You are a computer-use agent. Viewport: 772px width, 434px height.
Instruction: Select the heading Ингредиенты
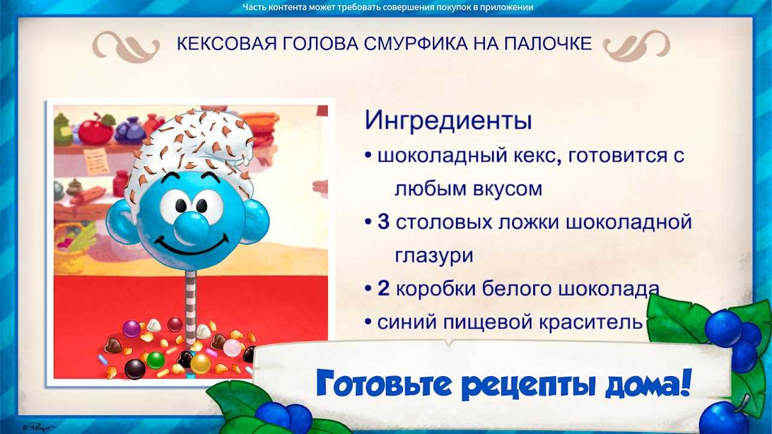(448, 121)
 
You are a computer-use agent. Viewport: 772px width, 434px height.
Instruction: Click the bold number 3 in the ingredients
(384, 221)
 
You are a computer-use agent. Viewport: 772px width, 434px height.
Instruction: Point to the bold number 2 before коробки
(384, 288)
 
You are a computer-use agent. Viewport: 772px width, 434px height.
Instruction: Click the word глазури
(434, 256)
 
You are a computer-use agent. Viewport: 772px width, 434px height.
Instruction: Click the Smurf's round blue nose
(191, 226)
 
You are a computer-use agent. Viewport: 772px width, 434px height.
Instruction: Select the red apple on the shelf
(96, 130)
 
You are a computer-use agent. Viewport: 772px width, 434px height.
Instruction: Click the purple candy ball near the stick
(131, 329)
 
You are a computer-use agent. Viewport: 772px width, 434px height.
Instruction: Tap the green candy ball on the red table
(156, 360)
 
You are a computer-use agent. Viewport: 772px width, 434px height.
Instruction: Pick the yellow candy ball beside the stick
(200, 363)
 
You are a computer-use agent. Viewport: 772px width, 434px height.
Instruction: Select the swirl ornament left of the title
(126, 46)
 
